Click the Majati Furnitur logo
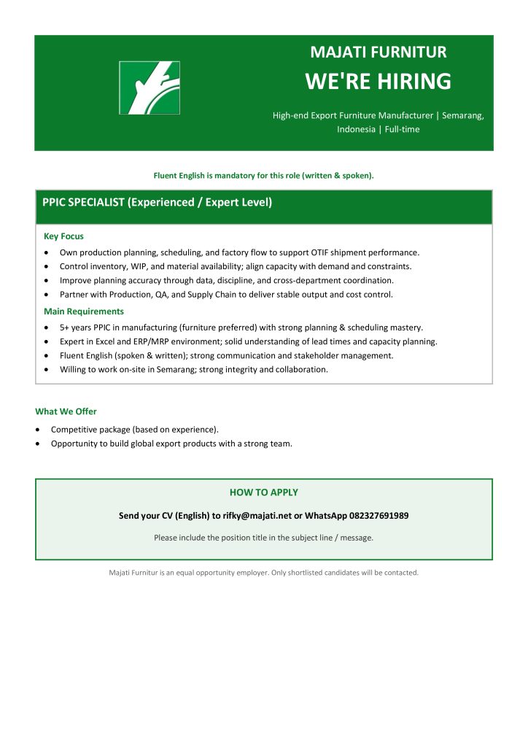pos(150,88)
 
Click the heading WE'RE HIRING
pos(378,81)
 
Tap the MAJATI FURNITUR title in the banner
pos(378,52)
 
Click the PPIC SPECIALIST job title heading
pos(157,202)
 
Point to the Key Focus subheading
pos(63,236)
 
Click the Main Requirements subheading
pos(84,311)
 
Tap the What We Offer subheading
pos(66,411)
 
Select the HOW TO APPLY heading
pos(263,492)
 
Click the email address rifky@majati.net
pos(257,516)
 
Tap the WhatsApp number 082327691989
pos(372,516)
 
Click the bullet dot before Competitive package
pos(39,430)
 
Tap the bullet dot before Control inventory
pos(47,266)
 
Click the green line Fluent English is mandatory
pos(263,175)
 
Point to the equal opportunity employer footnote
pos(263,573)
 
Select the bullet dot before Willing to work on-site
pos(47,369)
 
